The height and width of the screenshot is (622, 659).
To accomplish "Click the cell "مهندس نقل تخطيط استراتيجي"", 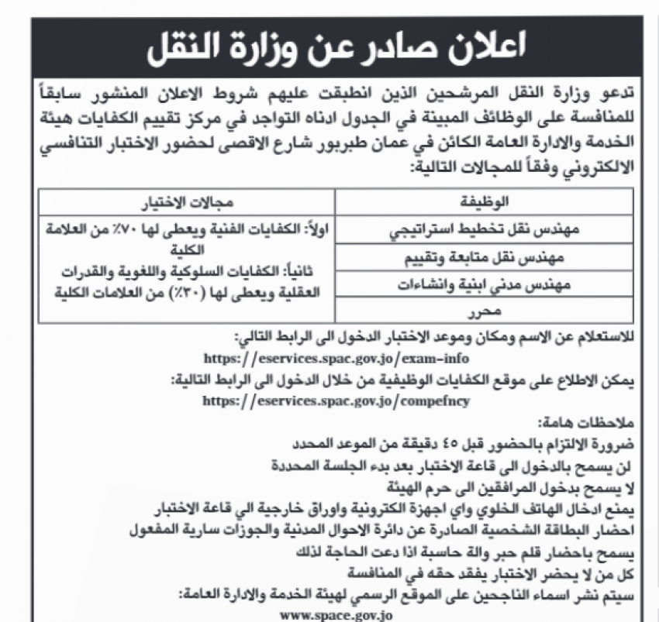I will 487,230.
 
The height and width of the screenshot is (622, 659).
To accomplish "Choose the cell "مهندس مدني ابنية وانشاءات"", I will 487,284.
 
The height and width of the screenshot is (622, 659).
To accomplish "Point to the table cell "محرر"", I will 487,311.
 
